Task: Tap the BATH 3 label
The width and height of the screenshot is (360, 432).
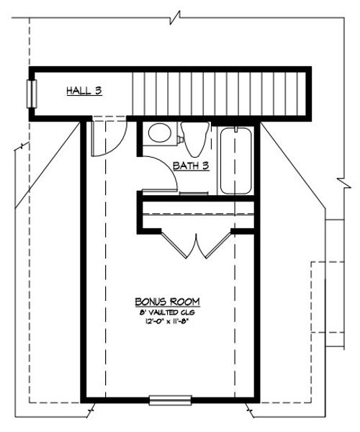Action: click(191, 166)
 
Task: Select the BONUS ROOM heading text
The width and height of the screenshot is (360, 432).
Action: click(167, 301)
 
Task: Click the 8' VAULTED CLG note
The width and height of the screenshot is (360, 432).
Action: click(167, 313)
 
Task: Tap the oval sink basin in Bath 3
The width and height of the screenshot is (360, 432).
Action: click(158, 134)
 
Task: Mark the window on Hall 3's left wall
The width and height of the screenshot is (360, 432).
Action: click(31, 93)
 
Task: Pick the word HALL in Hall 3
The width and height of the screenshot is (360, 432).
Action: click(78, 91)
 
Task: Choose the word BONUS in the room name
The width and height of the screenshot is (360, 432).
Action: click(150, 301)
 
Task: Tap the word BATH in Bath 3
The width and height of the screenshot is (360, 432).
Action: click(185, 166)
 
